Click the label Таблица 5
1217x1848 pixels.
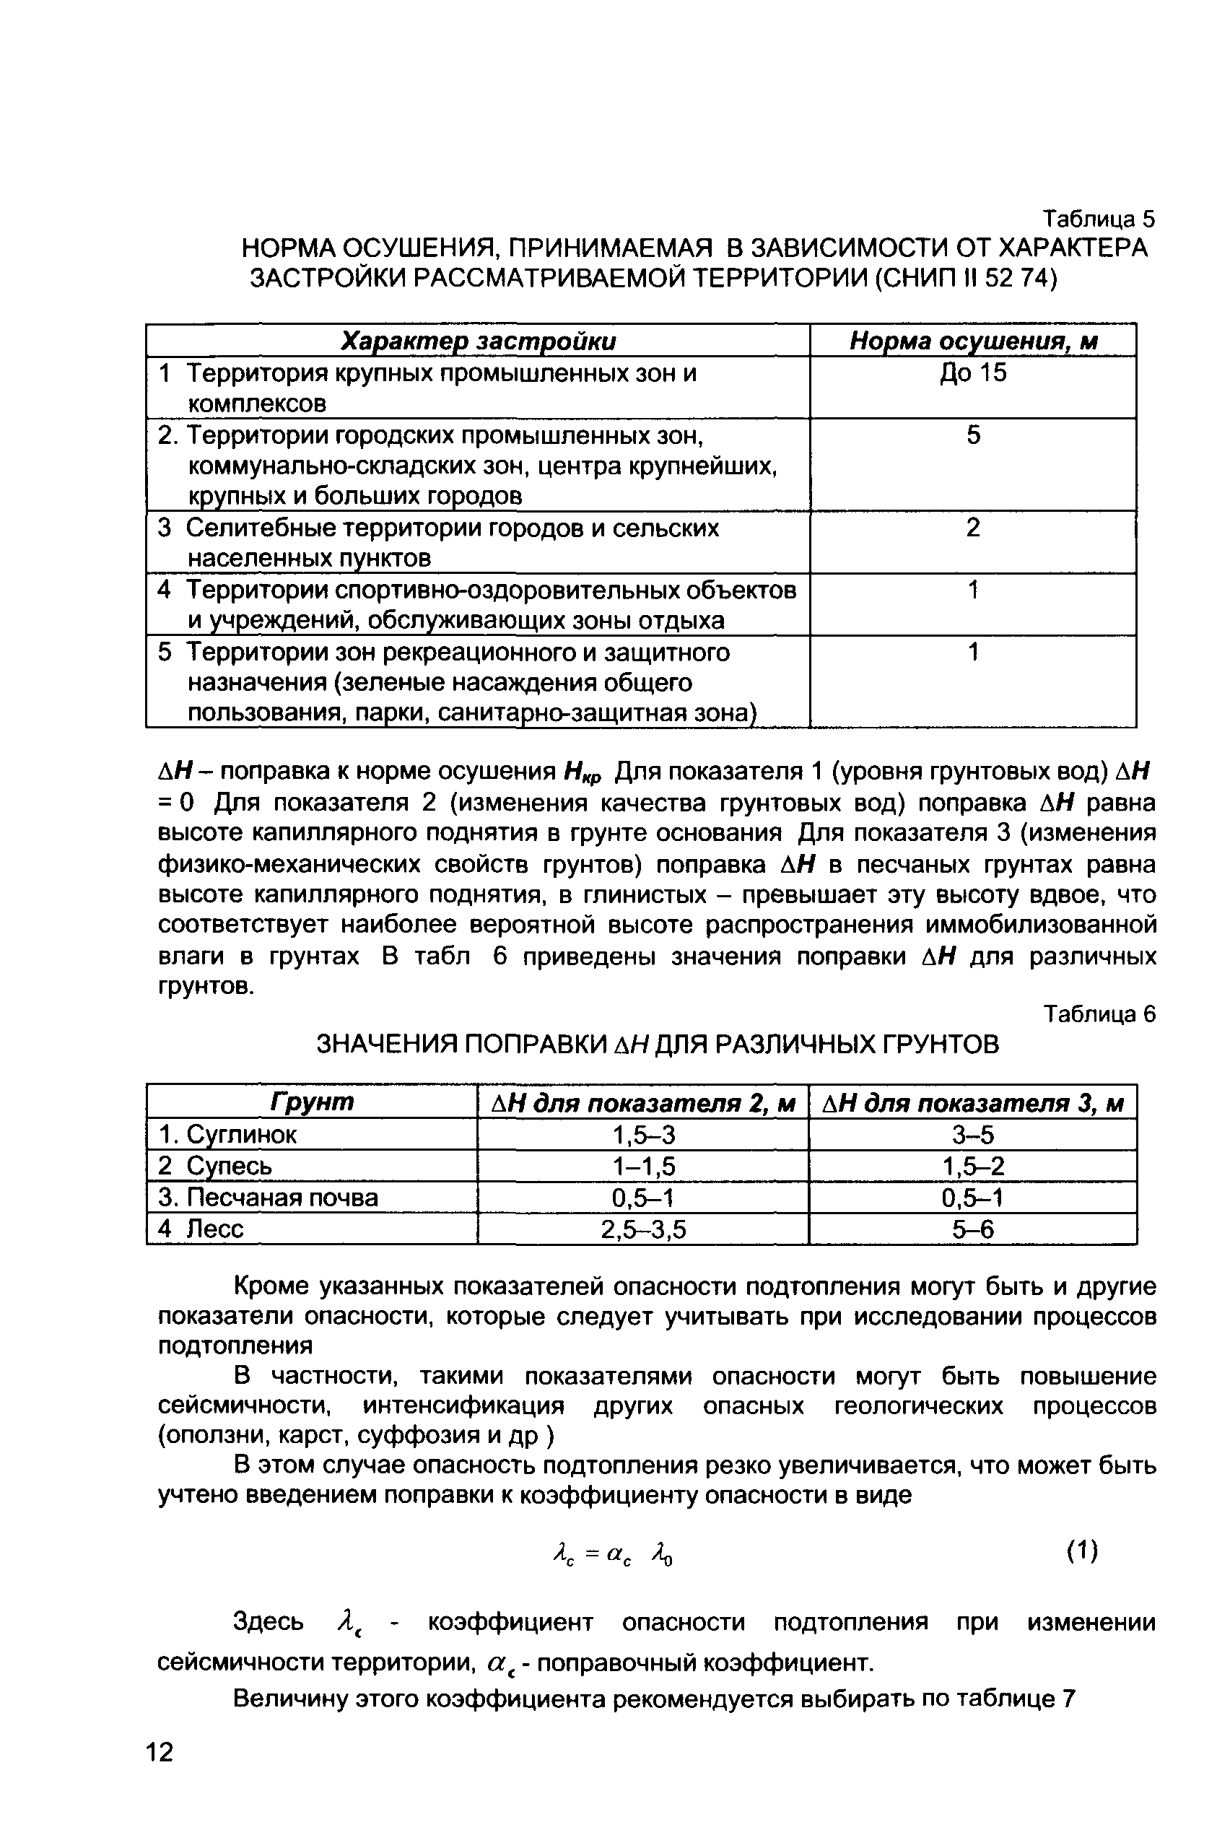point(1098,219)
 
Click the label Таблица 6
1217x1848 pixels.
point(1098,1014)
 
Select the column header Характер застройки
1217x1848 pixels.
point(479,341)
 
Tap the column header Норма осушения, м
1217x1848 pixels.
point(973,341)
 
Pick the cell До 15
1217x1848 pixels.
point(973,372)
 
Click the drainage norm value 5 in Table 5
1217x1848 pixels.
point(973,435)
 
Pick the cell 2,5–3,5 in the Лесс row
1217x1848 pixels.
point(643,1229)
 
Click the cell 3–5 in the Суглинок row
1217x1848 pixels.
point(972,1136)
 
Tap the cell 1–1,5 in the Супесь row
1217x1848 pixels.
point(643,1167)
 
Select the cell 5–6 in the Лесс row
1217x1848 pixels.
point(972,1229)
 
